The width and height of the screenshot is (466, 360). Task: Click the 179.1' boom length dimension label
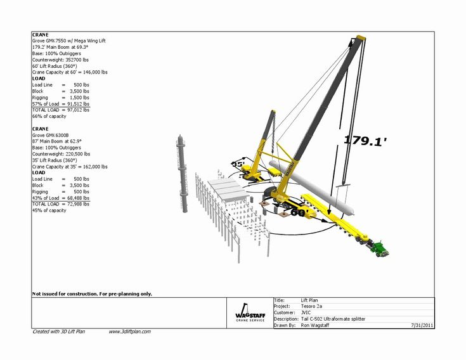[x=365, y=141]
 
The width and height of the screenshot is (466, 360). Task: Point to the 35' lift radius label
[x=238, y=164]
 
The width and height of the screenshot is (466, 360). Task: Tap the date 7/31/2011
[x=421, y=325]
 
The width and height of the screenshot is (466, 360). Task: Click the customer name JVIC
[x=306, y=312]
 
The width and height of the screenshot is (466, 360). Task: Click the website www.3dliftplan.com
[x=129, y=331]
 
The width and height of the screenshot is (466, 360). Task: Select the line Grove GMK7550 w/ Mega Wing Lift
[x=70, y=41]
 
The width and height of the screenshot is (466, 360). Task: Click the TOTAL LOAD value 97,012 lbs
[x=75, y=110]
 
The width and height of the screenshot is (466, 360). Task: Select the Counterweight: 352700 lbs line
[x=61, y=60]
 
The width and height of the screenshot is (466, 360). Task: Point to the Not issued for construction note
[x=92, y=294]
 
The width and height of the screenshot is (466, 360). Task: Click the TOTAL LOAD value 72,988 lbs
[x=75, y=204]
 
